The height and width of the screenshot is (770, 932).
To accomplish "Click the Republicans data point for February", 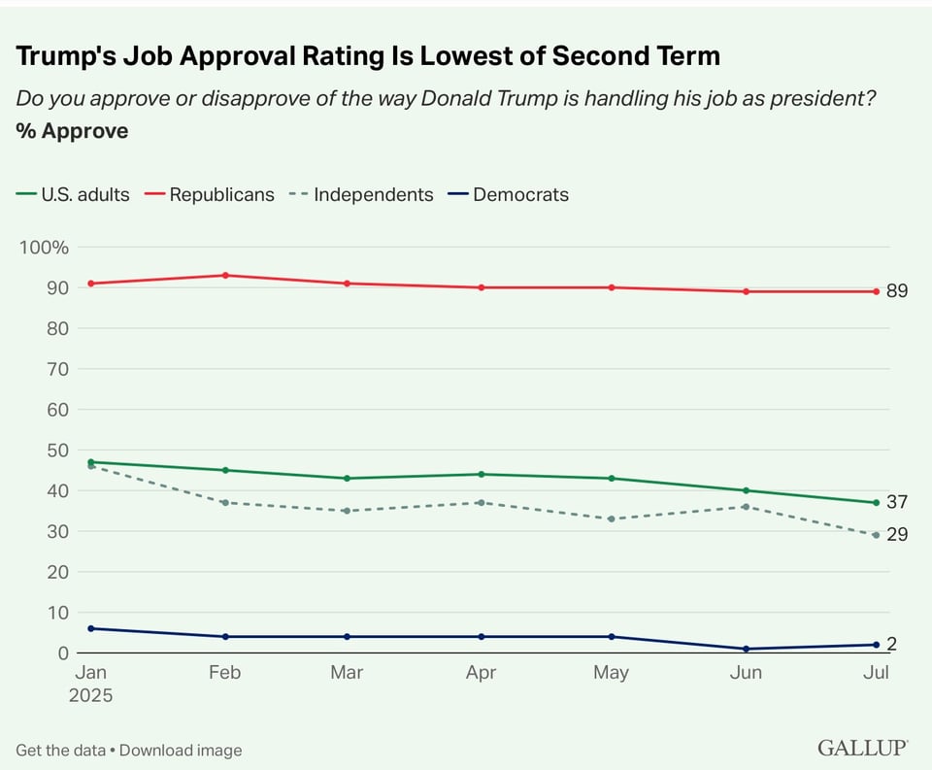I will (225, 275).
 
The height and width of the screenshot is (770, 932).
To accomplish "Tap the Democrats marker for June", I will (746, 649).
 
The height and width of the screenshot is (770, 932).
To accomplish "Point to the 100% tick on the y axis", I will (45, 248).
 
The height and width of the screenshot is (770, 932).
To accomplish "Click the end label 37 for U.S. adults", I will (896, 502).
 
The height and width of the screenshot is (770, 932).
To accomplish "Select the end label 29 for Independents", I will (896, 534).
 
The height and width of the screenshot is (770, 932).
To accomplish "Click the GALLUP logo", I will (862, 748).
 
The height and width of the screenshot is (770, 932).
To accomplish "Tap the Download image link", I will (181, 750).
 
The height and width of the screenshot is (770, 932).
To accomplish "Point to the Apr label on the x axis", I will (482, 672).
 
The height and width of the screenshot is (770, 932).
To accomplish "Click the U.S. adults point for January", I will (91, 462).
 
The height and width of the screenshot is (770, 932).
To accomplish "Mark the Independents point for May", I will (611, 519).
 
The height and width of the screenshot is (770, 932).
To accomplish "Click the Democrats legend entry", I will (520, 194).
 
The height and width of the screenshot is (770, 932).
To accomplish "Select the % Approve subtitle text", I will (72, 131).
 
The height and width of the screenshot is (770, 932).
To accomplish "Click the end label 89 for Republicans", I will (896, 291).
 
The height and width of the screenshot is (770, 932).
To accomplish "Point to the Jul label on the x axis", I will (876, 672).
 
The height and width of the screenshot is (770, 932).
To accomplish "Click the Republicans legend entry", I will (221, 194).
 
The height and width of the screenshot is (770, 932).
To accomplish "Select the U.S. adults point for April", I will (482, 474).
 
